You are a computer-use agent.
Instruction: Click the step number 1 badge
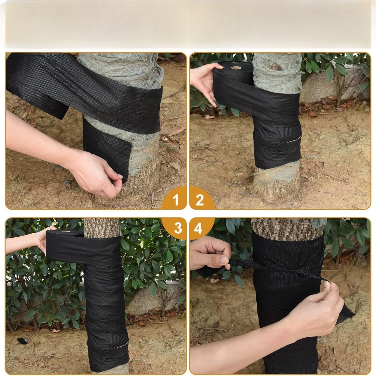pyautogui.click(x=175, y=200)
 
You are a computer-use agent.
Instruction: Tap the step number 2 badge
pyautogui.click(x=200, y=200)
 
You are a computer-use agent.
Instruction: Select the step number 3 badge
pyautogui.click(x=178, y=228)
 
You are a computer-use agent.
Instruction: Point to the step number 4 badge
pyautogui.click(x=198, y=228)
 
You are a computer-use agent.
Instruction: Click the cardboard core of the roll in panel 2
pyautogui.click(x=236, y=68)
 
